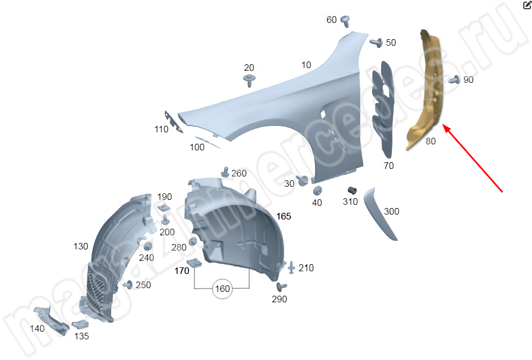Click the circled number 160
[222, 289]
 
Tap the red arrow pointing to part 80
[472, 158]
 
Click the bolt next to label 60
[346, 21]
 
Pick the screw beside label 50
[376, 42]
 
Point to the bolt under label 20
[250, 81]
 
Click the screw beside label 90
[454, 80]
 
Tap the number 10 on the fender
[306, 65]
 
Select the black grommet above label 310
[352, 191]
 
